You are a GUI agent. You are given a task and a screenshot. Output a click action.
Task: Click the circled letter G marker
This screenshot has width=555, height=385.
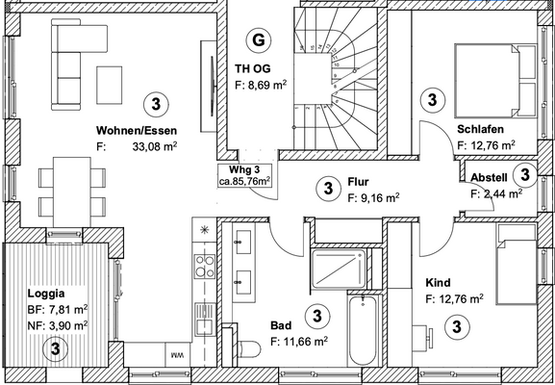click(257, 39)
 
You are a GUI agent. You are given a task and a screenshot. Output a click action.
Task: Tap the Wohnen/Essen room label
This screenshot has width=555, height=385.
click(135, 130)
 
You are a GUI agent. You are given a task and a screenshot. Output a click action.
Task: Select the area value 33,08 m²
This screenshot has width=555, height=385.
click(154, 147)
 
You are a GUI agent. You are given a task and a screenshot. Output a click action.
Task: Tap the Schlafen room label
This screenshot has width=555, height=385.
click(483, 130)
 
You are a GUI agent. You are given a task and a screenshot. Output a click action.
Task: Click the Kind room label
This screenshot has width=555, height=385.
click(438, 282)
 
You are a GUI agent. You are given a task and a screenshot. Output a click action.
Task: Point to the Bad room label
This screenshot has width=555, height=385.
click(281, 326)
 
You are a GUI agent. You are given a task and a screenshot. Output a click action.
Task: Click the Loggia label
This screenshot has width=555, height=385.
click(46, 292)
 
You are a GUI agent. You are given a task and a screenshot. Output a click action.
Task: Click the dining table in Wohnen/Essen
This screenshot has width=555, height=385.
click(71, 189)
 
